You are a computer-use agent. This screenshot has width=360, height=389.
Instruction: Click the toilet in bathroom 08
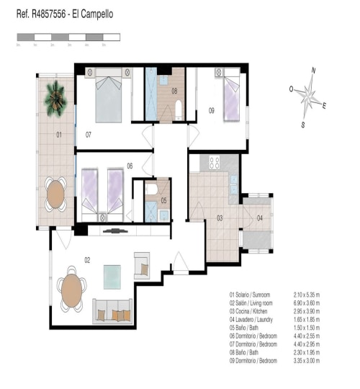[178, 109]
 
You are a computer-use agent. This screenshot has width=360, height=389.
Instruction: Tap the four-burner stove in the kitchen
[213, 161]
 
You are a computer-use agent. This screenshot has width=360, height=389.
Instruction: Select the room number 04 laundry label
[260, 218]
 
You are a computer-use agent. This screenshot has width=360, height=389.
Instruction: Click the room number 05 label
[164, 200]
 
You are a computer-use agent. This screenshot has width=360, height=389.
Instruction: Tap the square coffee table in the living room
[113, 275]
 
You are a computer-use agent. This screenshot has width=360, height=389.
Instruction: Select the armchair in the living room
[141, 266]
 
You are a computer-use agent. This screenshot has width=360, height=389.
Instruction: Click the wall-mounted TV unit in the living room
[114, 231]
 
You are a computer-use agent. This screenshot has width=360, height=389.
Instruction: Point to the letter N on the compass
[313, 70]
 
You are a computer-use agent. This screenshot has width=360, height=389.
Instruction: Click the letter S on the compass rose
[303, 124]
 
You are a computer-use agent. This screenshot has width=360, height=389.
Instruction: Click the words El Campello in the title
[91, 14]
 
